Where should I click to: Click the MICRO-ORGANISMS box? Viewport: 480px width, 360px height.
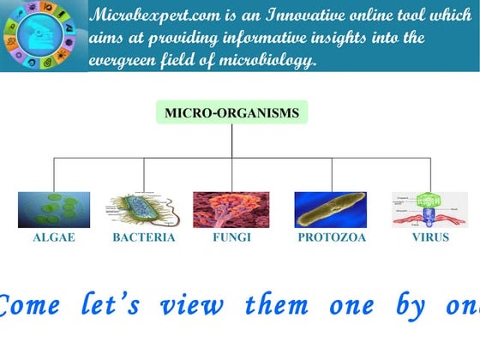231,112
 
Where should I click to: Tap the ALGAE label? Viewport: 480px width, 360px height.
54,237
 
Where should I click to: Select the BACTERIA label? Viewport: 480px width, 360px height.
144,237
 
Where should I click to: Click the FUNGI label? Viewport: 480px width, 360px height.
231,237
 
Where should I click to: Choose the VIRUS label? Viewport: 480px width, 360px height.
429,237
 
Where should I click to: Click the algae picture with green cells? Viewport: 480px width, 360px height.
54,209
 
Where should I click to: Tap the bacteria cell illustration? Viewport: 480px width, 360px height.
143,209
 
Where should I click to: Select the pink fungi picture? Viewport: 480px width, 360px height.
231,209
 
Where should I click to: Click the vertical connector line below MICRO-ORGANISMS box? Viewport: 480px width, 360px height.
231,141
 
